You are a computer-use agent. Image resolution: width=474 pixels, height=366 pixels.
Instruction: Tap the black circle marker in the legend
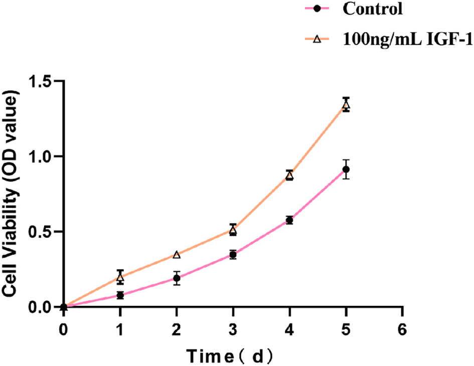pyautogui.click(x=315, y=9)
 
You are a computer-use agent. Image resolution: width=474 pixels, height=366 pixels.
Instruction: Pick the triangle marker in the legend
pyautogui.click(x=315, y=39)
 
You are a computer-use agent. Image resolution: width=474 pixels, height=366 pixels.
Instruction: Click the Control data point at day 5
pyautogui.click(x=346, y=169)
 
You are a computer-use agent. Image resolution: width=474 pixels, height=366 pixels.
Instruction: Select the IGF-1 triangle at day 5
pyautogui.click(x=346, y=104)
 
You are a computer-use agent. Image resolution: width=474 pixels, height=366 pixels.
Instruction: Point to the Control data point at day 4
pyautogui.click(x=289, y=220)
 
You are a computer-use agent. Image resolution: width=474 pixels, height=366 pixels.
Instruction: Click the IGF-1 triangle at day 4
pyautogui.click(x=289, y=175)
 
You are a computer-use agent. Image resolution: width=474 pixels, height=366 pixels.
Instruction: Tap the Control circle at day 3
pyautogui.click(x=233, y=255)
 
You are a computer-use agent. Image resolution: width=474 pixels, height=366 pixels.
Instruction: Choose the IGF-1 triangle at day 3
pyautogui.click(x=233, y=230)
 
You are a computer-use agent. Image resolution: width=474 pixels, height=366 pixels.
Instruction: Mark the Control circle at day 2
pyautogui.click(x=177, y=278)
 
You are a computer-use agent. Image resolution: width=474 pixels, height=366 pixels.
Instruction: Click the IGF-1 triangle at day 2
pyautogui.click(x=177, y=255)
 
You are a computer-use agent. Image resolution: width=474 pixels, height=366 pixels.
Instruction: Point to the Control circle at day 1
pyautogui.click(x=120, y=295)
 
